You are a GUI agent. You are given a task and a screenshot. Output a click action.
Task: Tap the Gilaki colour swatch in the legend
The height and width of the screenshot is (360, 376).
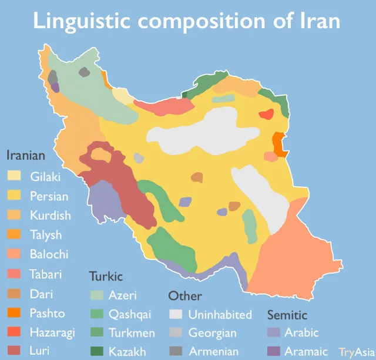14,176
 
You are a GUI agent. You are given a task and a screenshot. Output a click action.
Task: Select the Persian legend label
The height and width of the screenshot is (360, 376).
49,196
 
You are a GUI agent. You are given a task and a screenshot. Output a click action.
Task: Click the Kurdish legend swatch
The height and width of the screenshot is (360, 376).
14,215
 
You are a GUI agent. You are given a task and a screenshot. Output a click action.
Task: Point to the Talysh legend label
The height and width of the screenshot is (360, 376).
46,235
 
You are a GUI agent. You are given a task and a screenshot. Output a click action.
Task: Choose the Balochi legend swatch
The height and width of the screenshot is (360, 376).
14,254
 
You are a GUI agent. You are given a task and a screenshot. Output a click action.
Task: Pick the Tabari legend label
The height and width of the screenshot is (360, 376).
46,274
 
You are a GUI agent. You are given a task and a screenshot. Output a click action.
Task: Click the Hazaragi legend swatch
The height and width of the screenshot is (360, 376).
14,332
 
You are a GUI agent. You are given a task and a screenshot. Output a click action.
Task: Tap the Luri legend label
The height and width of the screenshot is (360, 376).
41,352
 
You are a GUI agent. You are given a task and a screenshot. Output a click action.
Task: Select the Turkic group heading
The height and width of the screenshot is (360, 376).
106,276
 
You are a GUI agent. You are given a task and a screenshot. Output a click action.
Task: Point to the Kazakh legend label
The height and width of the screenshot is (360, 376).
127,352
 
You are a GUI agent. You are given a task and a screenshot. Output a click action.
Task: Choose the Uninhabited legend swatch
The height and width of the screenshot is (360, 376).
177,315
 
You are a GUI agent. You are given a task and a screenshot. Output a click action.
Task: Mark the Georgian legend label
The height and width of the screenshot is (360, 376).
212,333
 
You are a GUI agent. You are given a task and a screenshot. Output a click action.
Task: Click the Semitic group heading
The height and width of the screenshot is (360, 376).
287,315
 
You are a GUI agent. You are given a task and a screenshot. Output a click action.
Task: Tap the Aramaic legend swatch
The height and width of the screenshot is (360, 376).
274,352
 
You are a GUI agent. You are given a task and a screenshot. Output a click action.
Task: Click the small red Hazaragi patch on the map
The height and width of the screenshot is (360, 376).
267,114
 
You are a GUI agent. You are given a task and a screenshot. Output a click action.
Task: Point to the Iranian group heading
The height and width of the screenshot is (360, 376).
26,156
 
